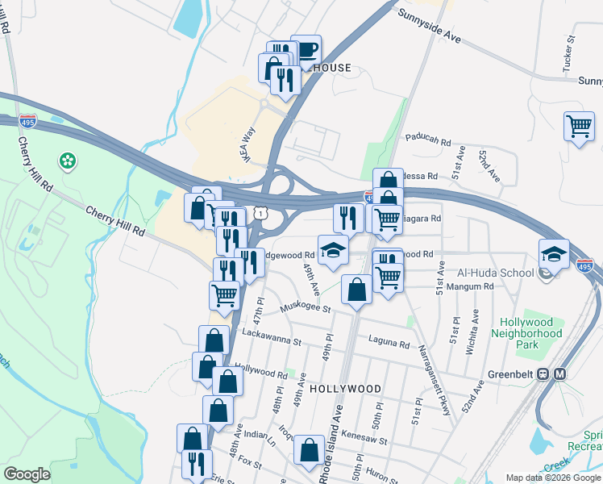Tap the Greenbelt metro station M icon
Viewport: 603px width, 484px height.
560,374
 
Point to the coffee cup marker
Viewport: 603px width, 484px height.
306,50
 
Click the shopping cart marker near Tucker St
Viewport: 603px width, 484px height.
580,127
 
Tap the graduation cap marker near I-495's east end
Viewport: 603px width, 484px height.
555,254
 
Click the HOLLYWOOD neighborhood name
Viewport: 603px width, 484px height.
344,389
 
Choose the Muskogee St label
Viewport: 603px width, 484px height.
306,307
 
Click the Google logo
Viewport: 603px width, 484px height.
27,474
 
